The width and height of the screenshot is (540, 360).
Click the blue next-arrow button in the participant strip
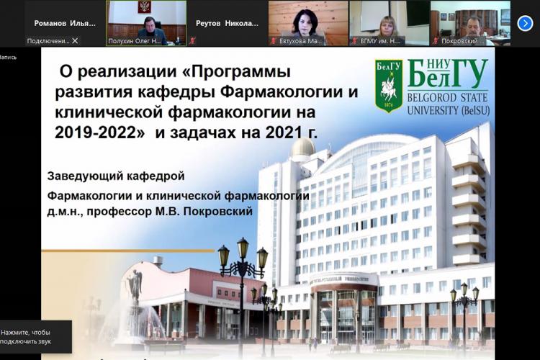pos(525,23)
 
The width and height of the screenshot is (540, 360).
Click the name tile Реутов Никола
pos(227,23)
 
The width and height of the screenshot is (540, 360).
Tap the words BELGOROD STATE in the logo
pos(447,97)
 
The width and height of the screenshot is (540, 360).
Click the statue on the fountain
pos(135,288)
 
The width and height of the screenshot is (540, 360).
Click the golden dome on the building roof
pos(303,147)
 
